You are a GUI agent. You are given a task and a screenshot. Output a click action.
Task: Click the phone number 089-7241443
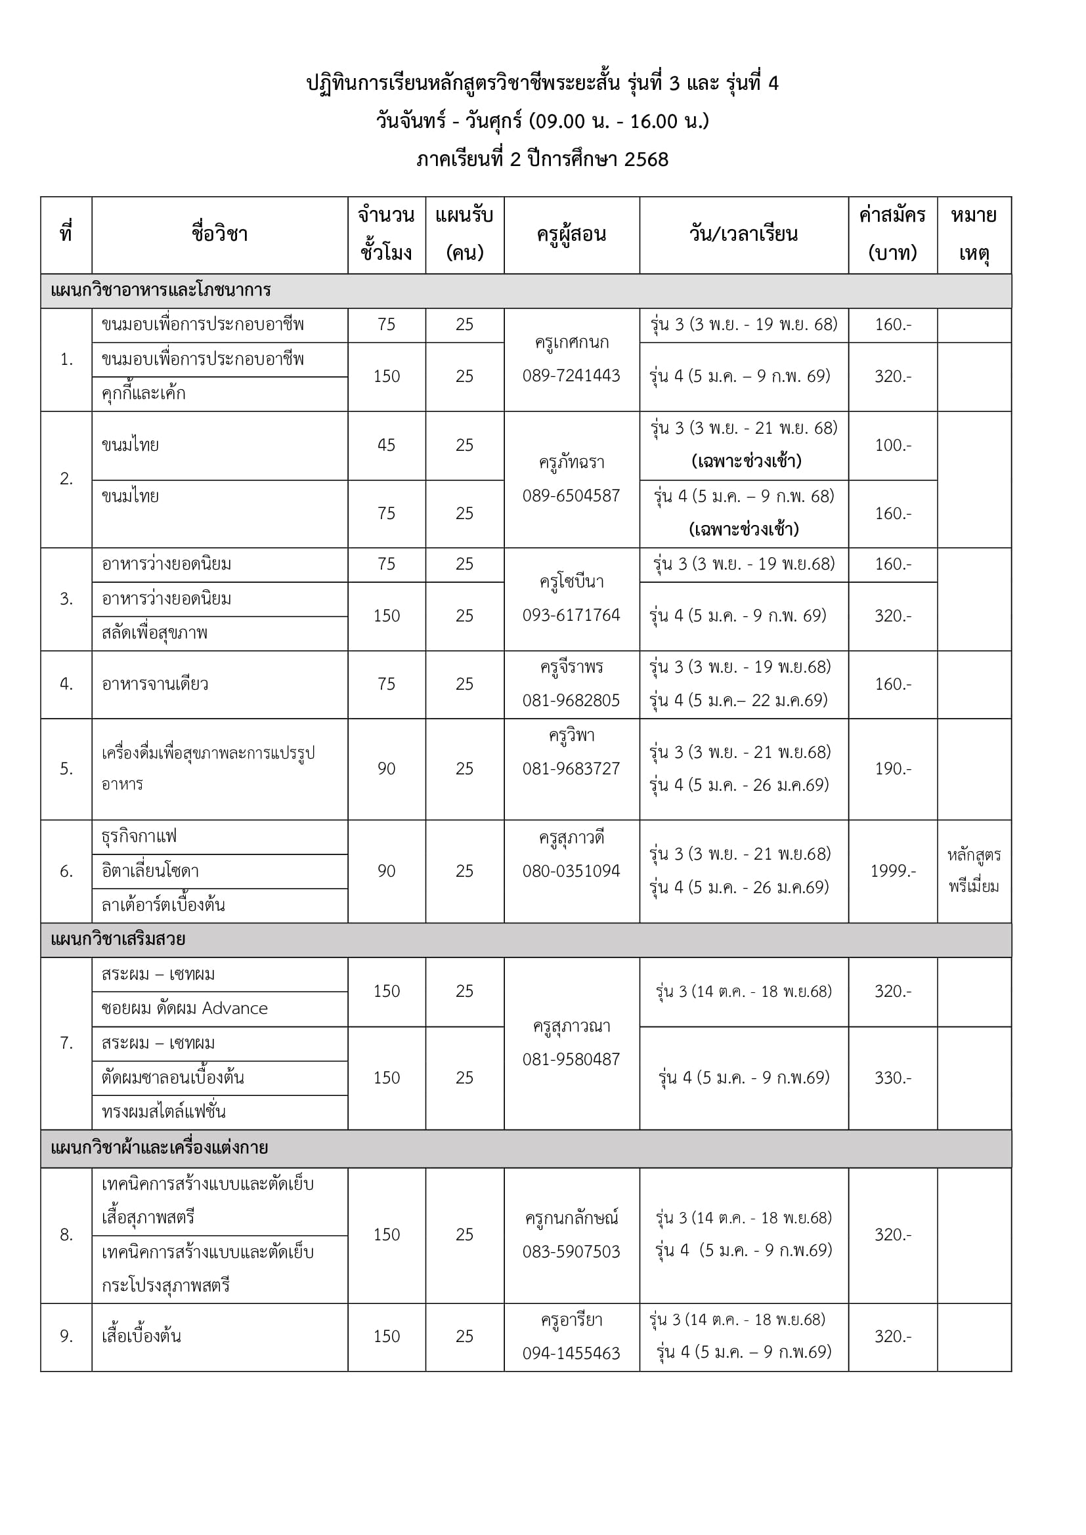(x=571, y=376)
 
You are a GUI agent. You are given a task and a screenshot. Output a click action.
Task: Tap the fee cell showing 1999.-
(x=893, y=871)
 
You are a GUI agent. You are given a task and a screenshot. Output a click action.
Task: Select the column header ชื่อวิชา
(x=219, y=235)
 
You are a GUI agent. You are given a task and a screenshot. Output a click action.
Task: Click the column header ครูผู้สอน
(x=571, y=235)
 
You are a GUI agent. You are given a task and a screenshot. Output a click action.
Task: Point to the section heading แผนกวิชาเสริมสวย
(x=118, y=939)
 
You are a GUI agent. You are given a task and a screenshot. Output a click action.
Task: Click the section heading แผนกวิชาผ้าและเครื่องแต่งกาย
(x=159, y=1148)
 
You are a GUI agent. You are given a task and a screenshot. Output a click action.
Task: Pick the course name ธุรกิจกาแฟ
(x=139, y=836)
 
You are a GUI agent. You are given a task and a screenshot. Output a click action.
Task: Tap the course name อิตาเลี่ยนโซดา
(x=150, y=871)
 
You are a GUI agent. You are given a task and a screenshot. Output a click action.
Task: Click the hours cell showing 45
(x=387, y=445)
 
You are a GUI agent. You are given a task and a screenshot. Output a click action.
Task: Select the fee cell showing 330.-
(x=893, y=1078)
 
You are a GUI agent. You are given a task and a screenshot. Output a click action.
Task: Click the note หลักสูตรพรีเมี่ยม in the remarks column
(x=974, y=870)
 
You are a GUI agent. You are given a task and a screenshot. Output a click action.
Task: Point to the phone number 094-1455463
(x=571, y=1353)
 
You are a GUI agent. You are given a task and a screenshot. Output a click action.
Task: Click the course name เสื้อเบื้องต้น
(x=141, y=1335)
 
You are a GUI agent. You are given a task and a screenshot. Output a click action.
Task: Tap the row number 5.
(x=66, y=769)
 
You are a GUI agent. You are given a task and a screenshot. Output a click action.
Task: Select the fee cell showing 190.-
(x=893, y=769)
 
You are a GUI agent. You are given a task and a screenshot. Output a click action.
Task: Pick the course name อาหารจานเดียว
(x=154, y=684)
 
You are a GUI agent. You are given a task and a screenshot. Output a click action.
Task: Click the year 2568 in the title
(x=646, y=159)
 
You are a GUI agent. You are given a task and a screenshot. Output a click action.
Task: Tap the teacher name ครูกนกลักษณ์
(x=571, y=1218)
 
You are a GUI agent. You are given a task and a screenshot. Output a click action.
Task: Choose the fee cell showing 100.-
(x=893, y=445)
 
